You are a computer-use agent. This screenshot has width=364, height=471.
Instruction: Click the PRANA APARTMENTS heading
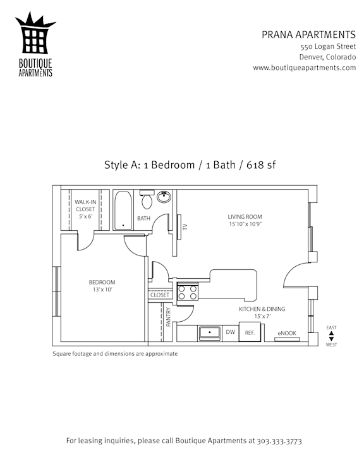pyautogui.click(x=308, y=35)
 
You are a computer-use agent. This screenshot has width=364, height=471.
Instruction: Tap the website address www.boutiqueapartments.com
pyautogui.click(x=304, y=68)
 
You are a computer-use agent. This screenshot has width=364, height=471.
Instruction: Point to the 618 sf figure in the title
pyautogui.click(x=261, y=165)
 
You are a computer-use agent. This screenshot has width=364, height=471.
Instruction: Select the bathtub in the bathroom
pyautogui.click(x=123, y=210)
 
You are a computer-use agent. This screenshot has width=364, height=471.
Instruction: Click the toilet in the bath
pyautogui.click(x=147, y=199)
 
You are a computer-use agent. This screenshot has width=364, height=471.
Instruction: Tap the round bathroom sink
pyautogui.click(x=164, y=197)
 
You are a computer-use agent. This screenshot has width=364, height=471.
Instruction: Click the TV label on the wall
pyautogui.click(x=185, y=226)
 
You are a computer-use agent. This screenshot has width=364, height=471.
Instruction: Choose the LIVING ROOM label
pyautogui.click(x=245, y=217)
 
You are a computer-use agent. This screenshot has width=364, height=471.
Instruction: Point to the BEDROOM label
pyautogui.click(x=102, y=282)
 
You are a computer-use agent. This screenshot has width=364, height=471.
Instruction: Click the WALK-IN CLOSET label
pyautogui.click(x=85, y=205)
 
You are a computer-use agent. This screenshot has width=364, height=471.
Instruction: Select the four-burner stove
pyautogui.click(x=188, y=293)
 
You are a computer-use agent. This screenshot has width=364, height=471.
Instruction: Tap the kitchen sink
pyautogui.click(x=210, y=333)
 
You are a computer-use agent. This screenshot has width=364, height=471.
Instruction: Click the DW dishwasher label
pyautogui.click(x=231, y=332)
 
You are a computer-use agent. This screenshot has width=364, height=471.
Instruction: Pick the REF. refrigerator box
pyautogui.click(x=250, y=332)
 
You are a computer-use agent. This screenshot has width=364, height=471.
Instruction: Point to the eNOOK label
pyautogui.click(x=287, y=333)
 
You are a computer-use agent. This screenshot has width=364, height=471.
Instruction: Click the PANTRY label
pyautogui.click(x=168, y=317)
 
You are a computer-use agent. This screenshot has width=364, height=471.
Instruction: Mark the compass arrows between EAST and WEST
pyautogui.click(x=331, y=336)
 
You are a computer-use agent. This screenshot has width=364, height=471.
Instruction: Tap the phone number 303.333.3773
pyautogui.click(x=279, y=441)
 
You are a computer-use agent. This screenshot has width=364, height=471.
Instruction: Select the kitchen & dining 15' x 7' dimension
pyautogui.click(x=262, y=316)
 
